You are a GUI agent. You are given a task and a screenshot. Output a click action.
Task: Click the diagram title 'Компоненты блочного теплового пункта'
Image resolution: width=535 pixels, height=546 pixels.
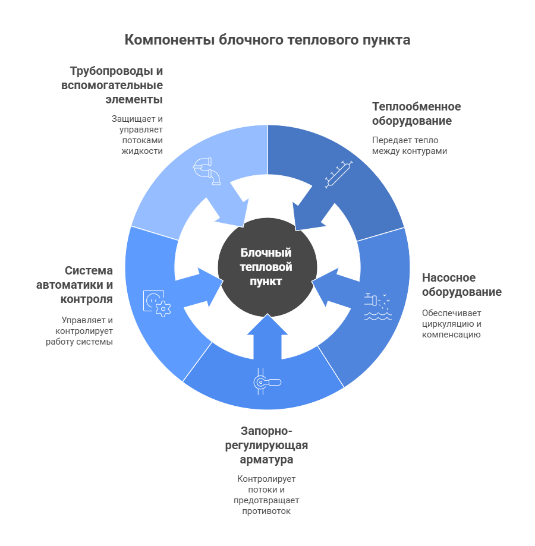(267, 40)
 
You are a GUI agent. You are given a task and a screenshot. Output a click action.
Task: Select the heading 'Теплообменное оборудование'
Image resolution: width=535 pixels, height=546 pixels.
(416, 113)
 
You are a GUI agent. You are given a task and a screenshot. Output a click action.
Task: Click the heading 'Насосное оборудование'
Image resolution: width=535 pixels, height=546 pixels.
(461, 285)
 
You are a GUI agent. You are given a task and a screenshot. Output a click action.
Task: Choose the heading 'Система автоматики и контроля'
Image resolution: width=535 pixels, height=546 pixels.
(75, 285)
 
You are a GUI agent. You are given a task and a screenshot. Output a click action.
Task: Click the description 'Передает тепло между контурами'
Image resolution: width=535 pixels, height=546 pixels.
(409, 146)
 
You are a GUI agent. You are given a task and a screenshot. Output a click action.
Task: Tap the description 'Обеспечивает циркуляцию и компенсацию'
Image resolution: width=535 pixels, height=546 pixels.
(452, 324)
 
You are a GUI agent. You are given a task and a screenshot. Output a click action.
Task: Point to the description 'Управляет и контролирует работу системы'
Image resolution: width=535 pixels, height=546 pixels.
(80, 331)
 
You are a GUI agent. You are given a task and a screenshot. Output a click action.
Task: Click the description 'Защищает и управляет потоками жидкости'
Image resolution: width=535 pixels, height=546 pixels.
(137, 135)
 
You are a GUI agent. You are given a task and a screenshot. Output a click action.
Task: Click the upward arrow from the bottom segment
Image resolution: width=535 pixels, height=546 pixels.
(266, 337)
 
